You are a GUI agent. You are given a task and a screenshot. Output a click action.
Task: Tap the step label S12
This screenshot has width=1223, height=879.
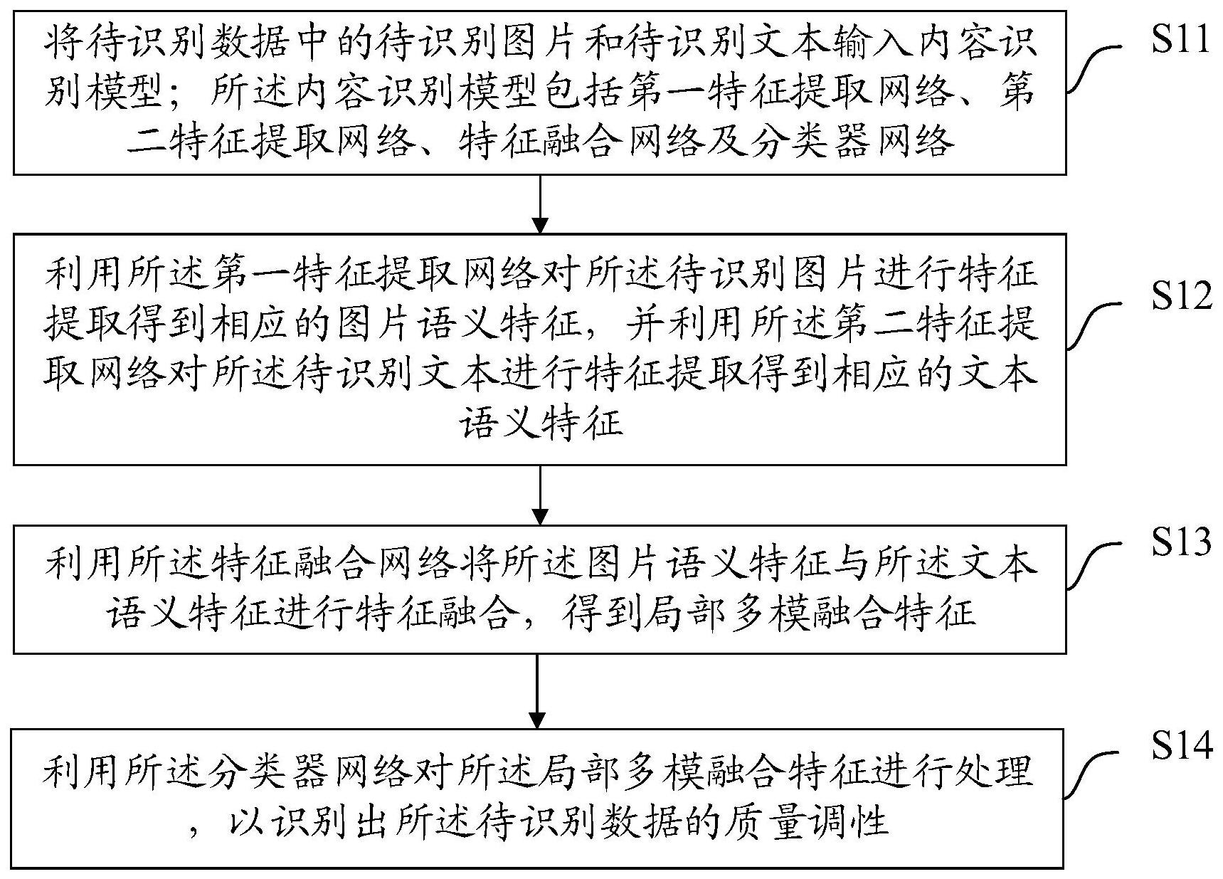(x=1182, y=295)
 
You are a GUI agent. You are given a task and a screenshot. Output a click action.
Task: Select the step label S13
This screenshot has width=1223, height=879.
(x=1182, y=542)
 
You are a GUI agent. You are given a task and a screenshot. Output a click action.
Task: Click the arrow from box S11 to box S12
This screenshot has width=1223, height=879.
(x=540, y=204)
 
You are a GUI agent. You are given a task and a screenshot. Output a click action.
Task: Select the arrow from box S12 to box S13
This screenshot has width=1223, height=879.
(x=540, y=495)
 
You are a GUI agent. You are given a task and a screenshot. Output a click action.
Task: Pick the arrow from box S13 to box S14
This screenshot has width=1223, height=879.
(x=539, y=690)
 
